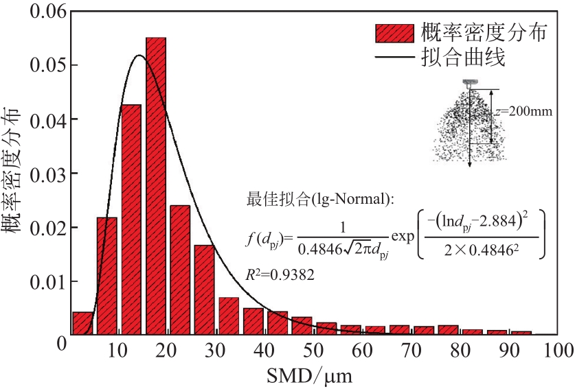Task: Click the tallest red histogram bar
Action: pyautogui.click(x=156, y=185)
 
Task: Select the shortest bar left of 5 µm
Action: pyautogui.click(x=82, y=323)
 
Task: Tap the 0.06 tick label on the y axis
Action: pyautogui.click(x=46, y=12)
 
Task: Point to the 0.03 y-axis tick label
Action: pyautogui.click(x=46, y=174)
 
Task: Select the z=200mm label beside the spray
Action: pyautogui.click(x=525, y=110)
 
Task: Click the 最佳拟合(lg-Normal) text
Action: pyautogui.click(x=320, y=200)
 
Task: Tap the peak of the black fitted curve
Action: pyautogui.click(x=139, y=56)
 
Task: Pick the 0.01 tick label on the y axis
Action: pyautogui.click(x=46, y=281)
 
